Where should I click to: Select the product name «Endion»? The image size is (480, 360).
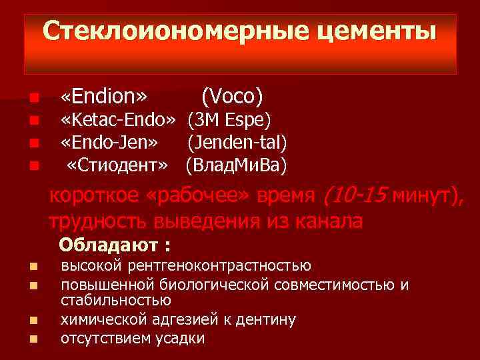point(103,97)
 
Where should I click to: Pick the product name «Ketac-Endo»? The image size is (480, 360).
point(118,120)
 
